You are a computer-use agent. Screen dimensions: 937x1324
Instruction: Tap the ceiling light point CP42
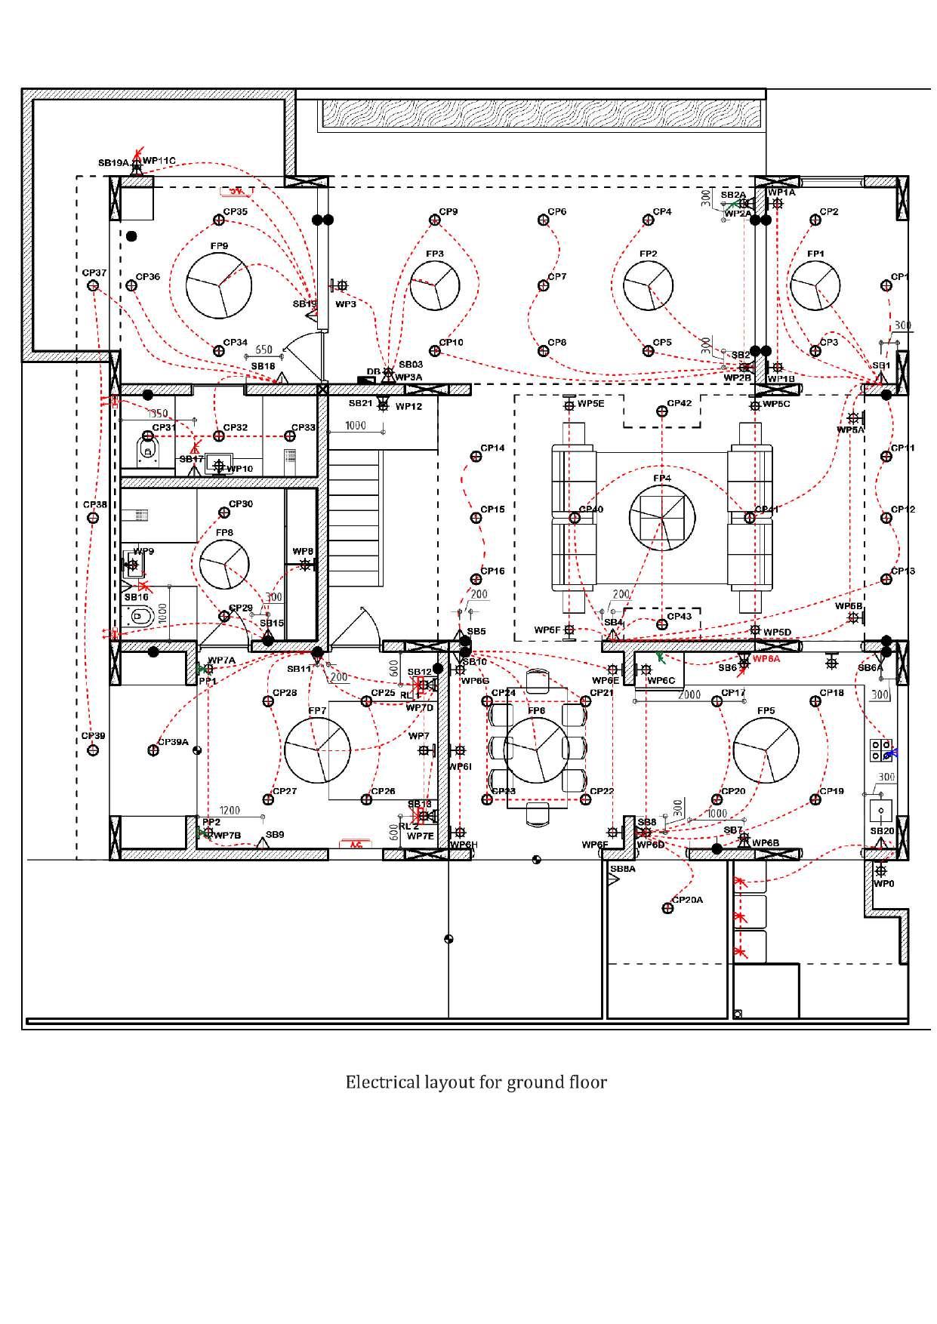tap(662, 411)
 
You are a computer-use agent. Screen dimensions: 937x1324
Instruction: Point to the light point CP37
tap(93, 285)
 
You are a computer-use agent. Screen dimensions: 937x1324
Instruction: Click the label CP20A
tap(687, 900)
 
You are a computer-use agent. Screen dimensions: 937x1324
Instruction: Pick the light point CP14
tap(476, 456)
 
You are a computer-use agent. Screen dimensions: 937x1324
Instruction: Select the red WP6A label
tap(767, 659)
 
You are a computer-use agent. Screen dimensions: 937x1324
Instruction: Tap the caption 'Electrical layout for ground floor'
tap(476, 1082)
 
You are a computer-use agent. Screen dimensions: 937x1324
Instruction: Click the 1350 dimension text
tap(157, 414)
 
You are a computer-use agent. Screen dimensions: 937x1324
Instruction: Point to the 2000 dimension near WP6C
tap(689, 694)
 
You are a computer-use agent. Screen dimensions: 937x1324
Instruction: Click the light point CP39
tap(93, 750)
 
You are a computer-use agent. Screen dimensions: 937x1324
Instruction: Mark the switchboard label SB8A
tap(623, 869)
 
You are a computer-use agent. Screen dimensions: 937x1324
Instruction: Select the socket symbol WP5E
tap(569, 405)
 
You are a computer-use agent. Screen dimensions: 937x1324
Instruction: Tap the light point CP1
tap(886, 285)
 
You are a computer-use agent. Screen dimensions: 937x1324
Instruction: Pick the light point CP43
tap(662, 624)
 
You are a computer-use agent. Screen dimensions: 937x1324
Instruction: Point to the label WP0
tap(883, 883)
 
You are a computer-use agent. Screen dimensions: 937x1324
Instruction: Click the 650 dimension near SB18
tap(264, 349)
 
